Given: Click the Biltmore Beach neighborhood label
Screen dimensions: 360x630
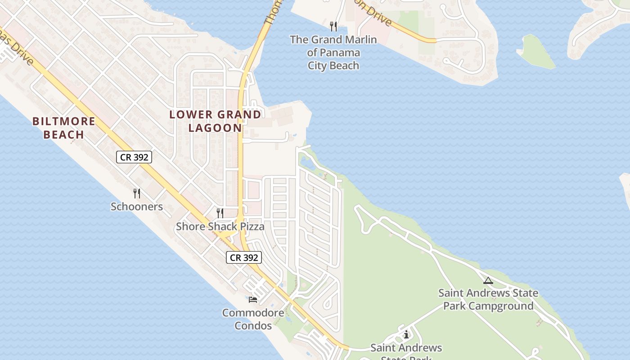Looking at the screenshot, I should [x=64, y=128].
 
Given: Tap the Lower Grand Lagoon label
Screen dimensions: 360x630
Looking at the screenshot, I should [x=215, y=121].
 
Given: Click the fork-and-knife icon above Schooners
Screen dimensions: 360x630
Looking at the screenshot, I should [x=137, y=193].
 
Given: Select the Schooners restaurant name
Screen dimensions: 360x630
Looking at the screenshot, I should [x=137, y=207].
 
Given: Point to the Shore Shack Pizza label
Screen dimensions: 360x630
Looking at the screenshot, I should [x=220, y=226].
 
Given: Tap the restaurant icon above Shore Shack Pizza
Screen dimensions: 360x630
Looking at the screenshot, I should [x=220, y=213].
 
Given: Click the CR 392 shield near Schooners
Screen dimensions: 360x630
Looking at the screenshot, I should [x=134, y=157].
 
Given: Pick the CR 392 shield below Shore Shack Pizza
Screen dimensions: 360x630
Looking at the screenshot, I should [x=243, y=257].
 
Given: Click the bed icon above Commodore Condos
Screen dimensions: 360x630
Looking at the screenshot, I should [x=253, y=299].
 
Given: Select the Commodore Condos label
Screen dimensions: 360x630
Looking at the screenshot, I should [x=253, y=319].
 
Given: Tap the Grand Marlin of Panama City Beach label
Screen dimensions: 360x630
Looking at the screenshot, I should [x=333, y=53].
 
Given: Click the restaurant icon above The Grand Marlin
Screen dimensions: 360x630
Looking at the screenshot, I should [x=333, y=26].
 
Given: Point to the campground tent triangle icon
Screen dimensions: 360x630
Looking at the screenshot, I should [x=488, y=280].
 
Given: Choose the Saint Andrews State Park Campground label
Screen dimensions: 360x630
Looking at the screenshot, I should [x=488, y=300].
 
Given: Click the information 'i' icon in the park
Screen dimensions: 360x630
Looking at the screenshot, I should [x=406, y=334].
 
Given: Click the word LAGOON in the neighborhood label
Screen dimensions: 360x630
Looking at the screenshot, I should [x=215, y=128].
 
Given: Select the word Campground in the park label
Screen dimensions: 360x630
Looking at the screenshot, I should [x=501, y=306].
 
